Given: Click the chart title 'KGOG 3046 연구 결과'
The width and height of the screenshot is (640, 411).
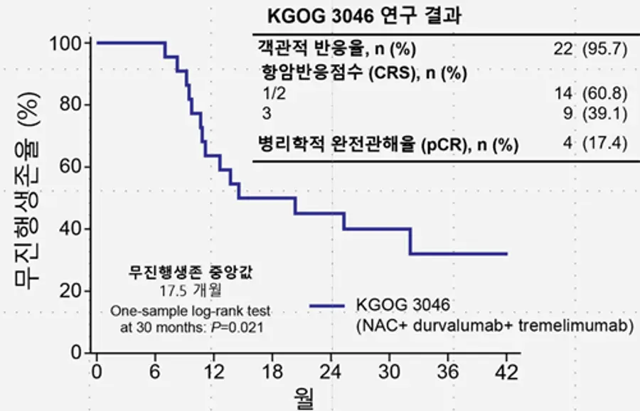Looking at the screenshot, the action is click(365, 16).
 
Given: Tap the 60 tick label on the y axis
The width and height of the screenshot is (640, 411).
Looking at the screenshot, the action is click(72, 167).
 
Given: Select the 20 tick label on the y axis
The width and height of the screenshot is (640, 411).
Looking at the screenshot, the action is click(72, 291).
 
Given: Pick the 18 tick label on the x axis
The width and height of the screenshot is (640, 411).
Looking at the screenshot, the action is click(272, 372).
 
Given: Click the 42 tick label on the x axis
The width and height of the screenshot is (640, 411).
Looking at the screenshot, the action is click(506, 372).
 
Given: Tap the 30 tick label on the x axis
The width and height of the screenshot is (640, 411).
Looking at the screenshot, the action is click(390, 372).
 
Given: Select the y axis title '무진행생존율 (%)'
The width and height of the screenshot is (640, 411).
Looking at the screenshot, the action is click(27, 191).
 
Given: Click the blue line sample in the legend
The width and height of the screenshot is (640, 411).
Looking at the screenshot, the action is click(327, 306).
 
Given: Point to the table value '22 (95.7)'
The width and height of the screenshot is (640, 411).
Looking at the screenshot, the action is click(590, 49).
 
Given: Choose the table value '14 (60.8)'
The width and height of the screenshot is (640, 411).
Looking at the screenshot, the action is click(591, 93).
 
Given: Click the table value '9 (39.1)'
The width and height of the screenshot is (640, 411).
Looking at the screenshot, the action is click(595, 114).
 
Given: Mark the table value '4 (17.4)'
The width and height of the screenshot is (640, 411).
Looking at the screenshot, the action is click(595, 143).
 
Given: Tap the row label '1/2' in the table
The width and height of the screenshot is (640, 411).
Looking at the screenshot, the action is click(274, 94).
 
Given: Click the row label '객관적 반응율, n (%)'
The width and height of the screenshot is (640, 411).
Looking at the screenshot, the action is click(337, 49).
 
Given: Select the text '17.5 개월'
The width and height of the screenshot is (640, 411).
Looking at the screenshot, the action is click(191, 291).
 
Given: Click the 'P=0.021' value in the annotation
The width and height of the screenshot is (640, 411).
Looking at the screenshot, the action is click(237, 327).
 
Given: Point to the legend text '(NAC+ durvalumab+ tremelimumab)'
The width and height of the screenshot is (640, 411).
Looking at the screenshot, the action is click(495, 326).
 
